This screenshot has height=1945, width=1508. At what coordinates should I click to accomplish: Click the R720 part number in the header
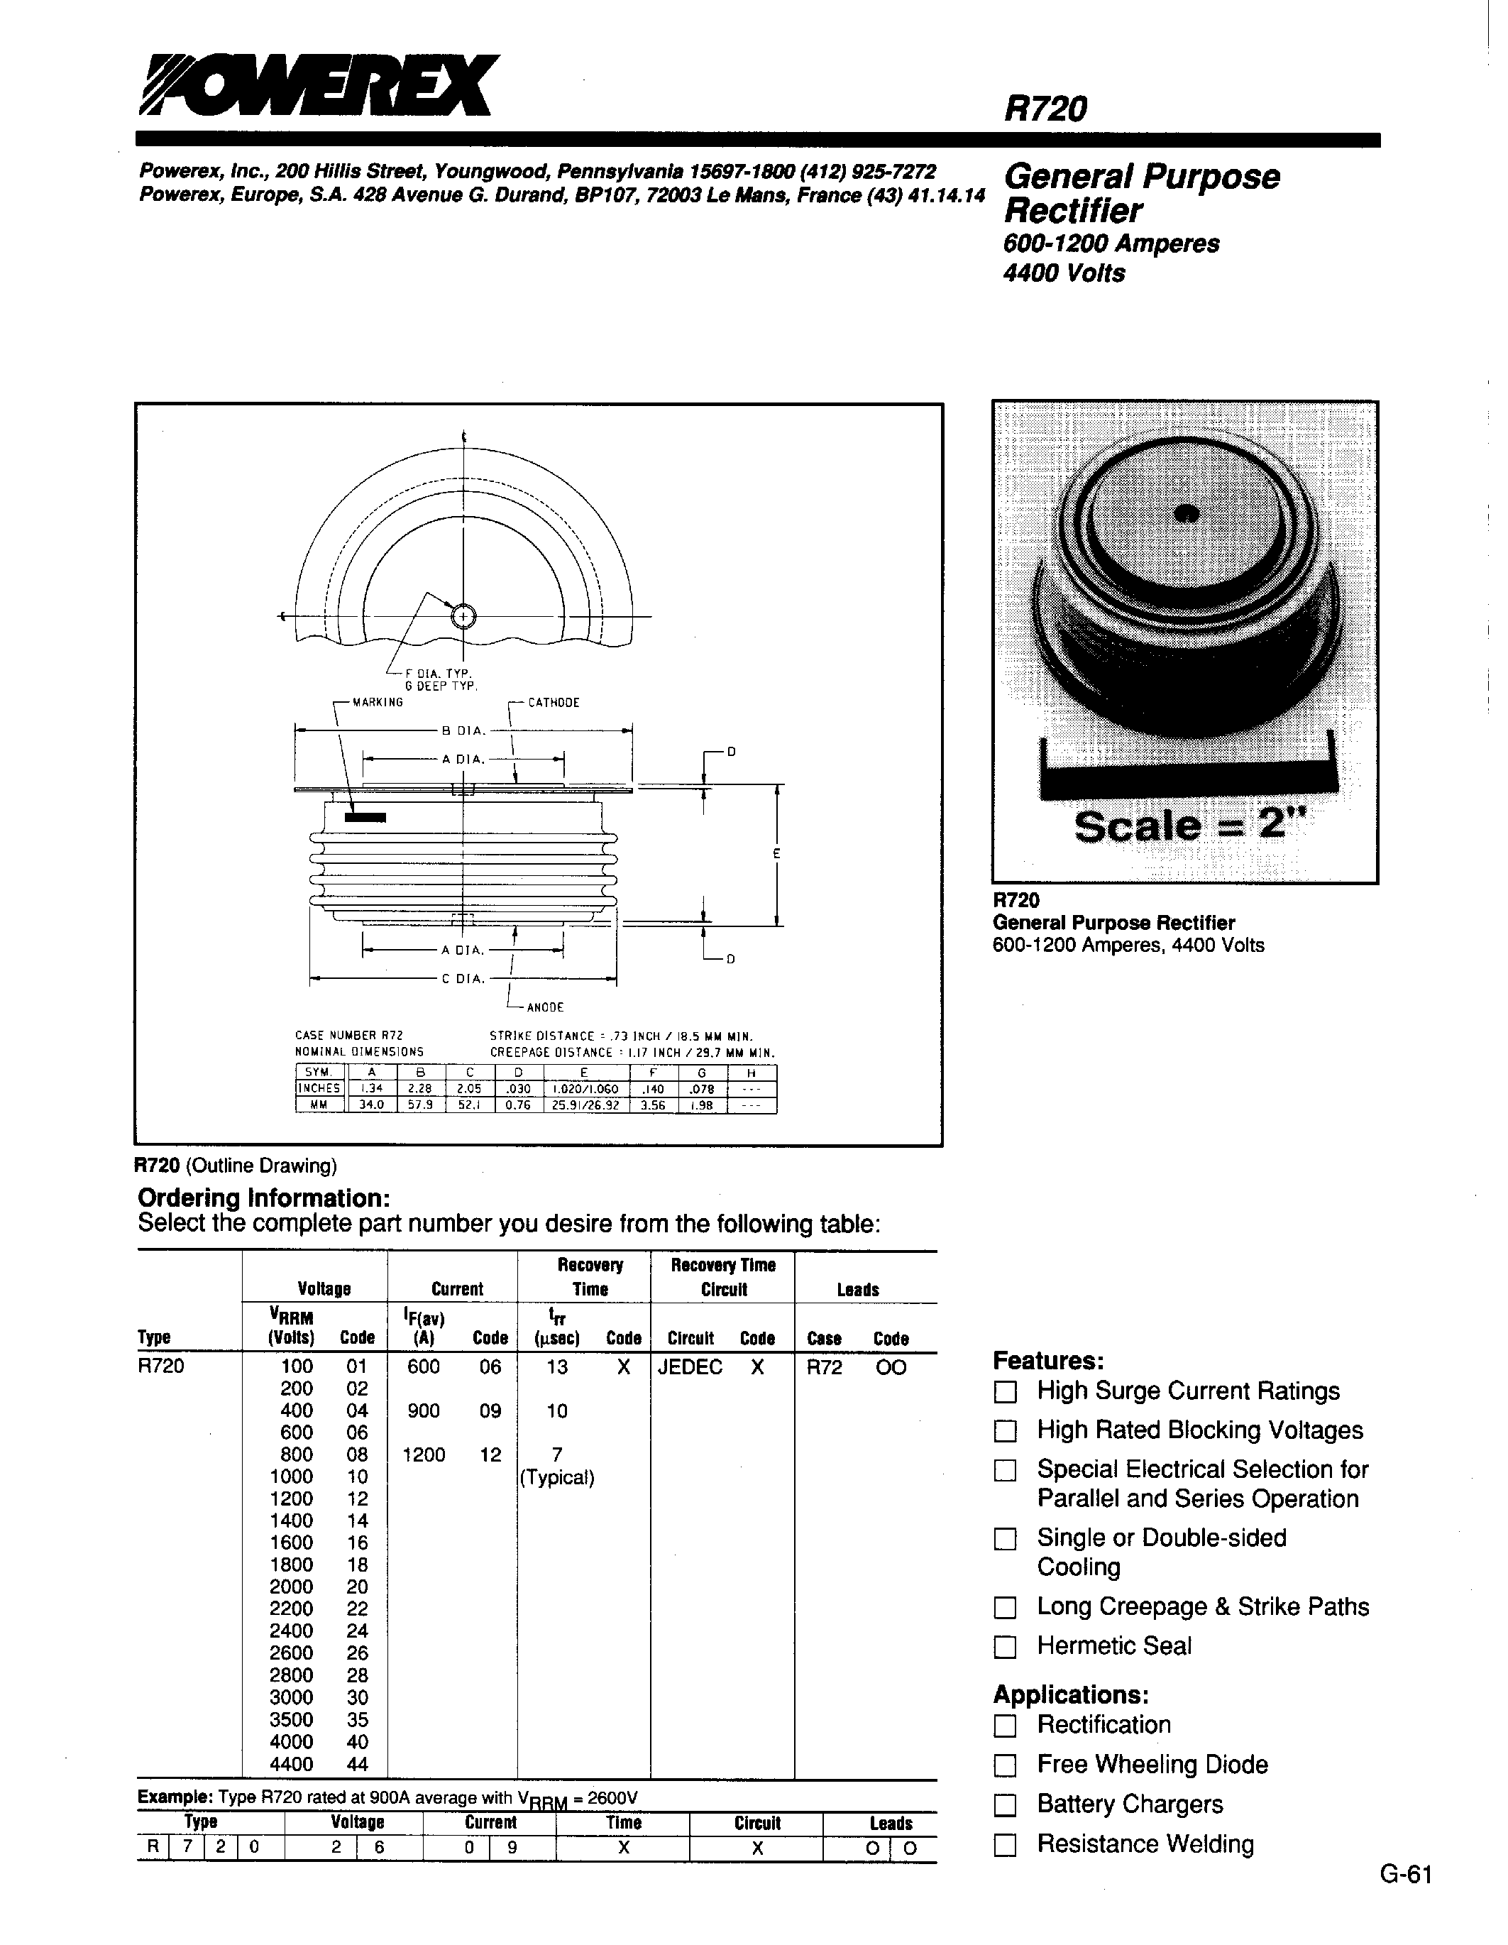(1045, 109)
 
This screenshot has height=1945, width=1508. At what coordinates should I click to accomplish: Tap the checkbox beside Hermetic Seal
(1004, 1648)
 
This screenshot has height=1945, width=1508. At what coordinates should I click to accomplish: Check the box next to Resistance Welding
(1004, 1845)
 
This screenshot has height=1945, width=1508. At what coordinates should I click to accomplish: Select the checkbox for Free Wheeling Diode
(1004, 1765)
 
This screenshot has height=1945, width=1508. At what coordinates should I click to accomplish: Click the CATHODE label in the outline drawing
(553, 703)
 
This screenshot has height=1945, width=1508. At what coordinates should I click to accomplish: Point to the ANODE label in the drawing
(545, 1007)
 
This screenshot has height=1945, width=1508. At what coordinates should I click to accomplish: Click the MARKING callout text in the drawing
(378, 703)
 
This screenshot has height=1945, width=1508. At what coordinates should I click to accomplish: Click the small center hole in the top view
(463, 616)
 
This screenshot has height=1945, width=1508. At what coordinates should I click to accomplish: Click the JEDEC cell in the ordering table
(690, 1367)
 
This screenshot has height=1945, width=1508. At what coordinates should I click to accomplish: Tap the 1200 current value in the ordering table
(424, 1455)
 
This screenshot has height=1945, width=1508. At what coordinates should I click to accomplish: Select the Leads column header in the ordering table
(857, 1290)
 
